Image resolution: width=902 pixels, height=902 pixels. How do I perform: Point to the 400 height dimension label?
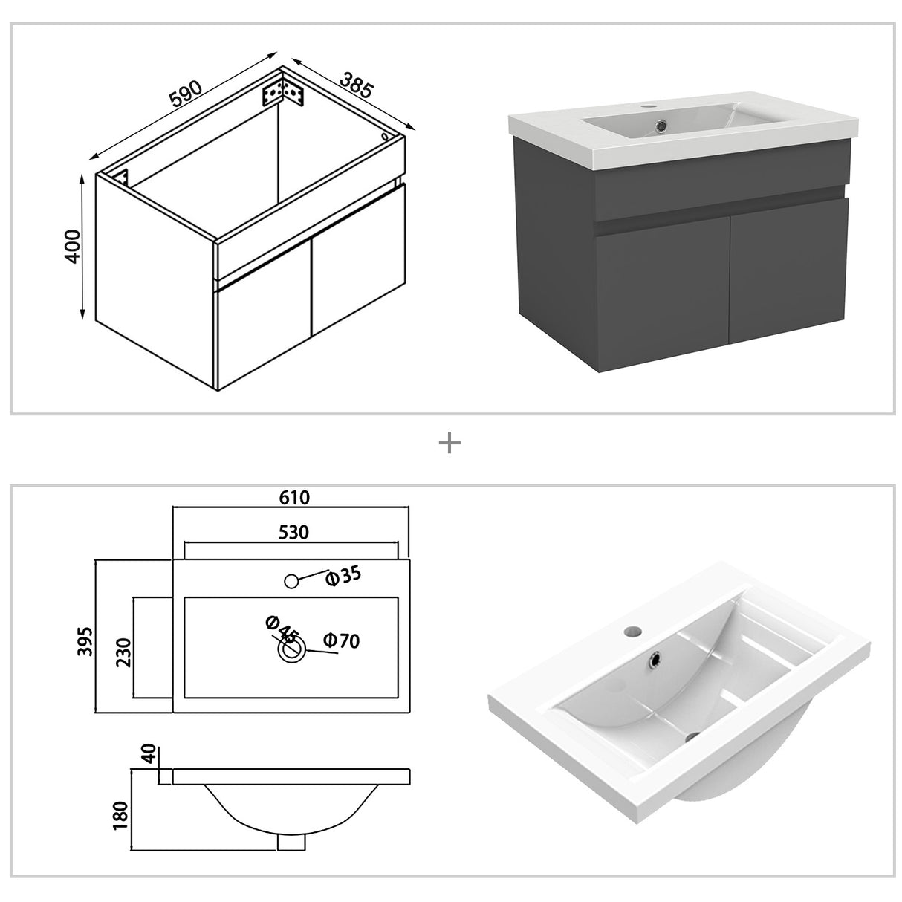(x=72, y=246)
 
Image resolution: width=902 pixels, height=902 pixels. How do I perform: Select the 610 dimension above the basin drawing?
(x=294, y=497)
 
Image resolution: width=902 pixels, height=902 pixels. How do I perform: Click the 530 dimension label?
(x=293, y=532)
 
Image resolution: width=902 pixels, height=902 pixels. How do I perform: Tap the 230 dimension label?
(x=123, y=652)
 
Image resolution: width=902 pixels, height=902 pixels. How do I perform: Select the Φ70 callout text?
(x=342, y=640)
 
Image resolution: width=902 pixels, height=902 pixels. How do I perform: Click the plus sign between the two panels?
(x=450, y=444)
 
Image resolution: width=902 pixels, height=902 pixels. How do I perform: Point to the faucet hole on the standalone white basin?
(x=632, y=632)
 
